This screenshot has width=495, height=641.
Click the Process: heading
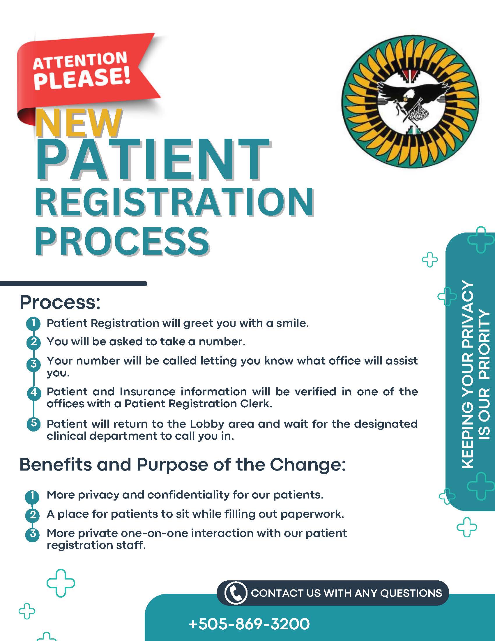(60, 302)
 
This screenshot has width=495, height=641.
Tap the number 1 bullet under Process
(34, 323)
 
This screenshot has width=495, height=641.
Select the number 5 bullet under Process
(34, 424)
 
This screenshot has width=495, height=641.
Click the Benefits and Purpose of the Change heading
(183, 465)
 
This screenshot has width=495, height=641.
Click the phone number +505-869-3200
(249, 624)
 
